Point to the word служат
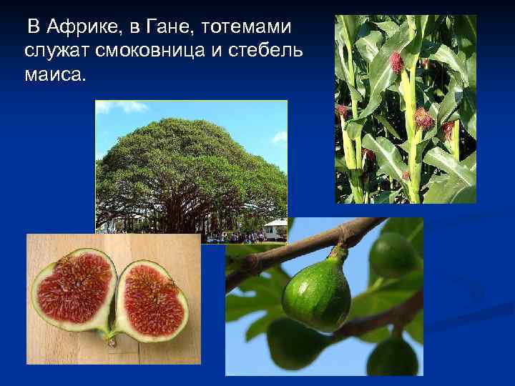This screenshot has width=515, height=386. point(57,51)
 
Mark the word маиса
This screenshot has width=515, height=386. point(54,74)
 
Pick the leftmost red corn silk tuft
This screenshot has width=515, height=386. point(342,111)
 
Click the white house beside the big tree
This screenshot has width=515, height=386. point(275,229)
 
